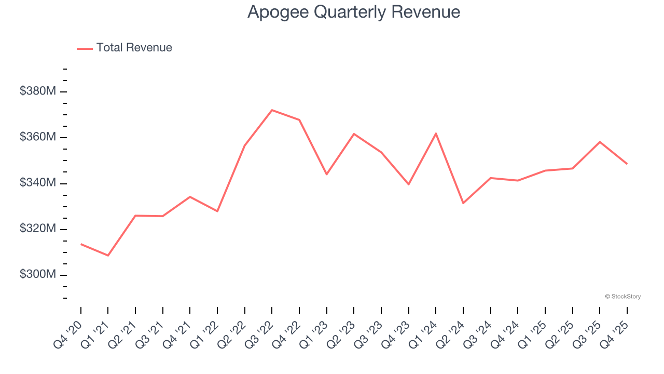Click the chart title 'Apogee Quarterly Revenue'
(354, 12)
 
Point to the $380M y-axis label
(38, 91)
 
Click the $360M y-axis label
(38, 137)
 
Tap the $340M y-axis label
(38, 183)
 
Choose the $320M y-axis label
(38, 229)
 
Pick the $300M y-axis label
(38, 274)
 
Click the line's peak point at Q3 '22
(272, 110)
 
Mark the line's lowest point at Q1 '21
(108, 256)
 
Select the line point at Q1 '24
(436, 133)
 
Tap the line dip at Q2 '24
(463, 203)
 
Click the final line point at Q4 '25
(627, 164)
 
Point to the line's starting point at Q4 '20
(81, 244)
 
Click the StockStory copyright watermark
(622, 297)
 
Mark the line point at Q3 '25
(600, 142)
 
